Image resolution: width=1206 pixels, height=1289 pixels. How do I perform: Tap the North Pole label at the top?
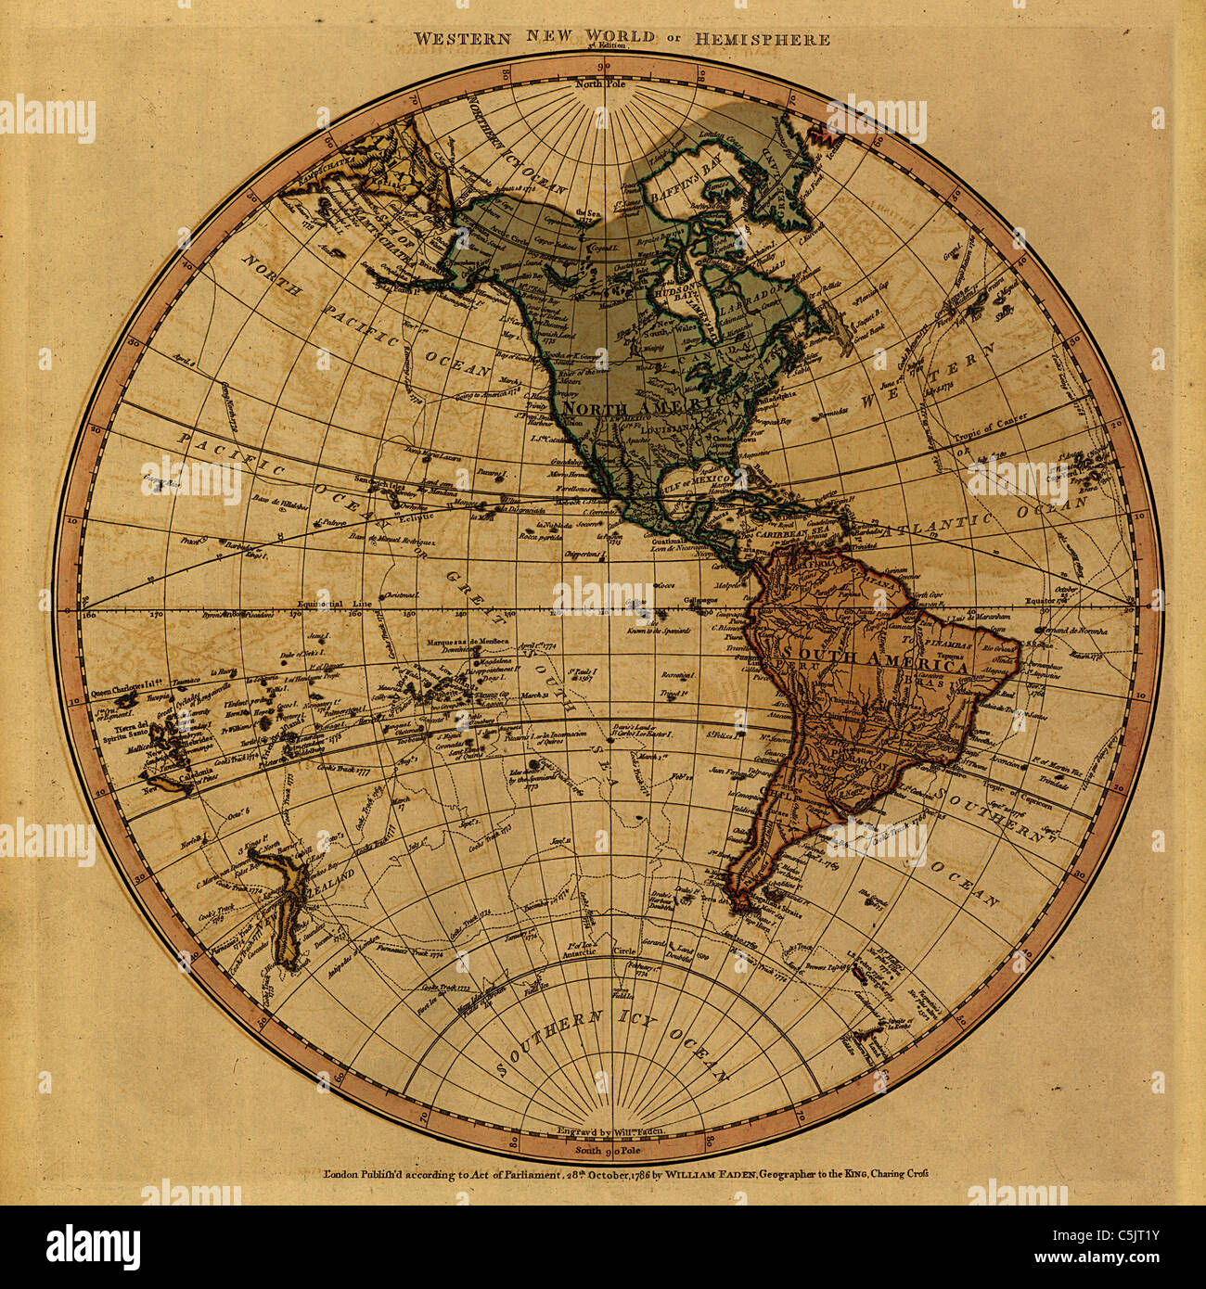pyautogui.click(x=602, y=84)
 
